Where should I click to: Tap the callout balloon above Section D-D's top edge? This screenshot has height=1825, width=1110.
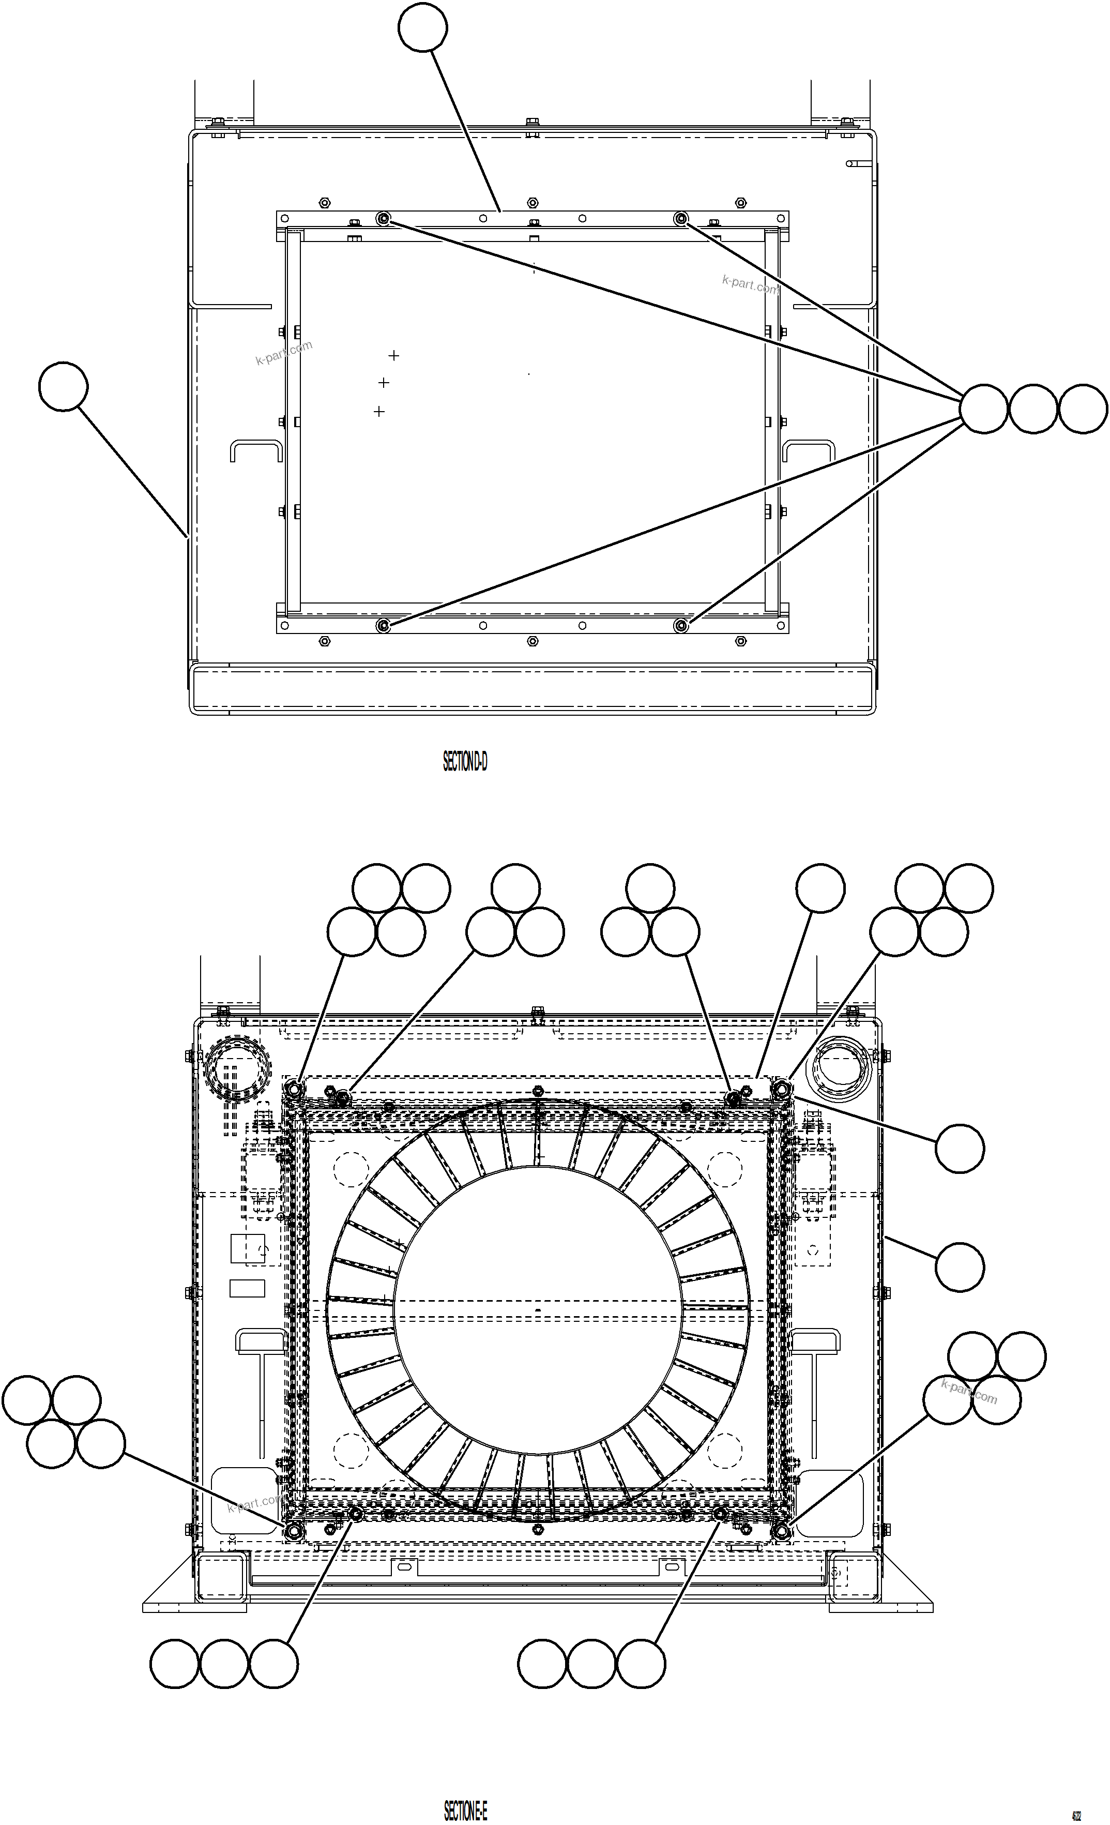click(422, 27)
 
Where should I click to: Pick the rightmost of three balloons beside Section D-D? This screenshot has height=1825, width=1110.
click(1083, 409)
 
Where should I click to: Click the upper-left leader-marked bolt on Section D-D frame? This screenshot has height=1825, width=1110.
click(383, 219)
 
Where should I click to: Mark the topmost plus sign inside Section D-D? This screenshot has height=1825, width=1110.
click(394, 355)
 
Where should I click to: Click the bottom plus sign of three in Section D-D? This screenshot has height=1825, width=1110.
click(379, 411)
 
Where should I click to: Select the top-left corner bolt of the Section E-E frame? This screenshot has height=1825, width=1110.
click(293, 1089)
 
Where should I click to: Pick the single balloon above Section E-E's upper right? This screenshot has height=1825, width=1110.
click(820, 887)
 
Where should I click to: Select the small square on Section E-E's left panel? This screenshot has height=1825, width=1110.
click(247, 1248)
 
